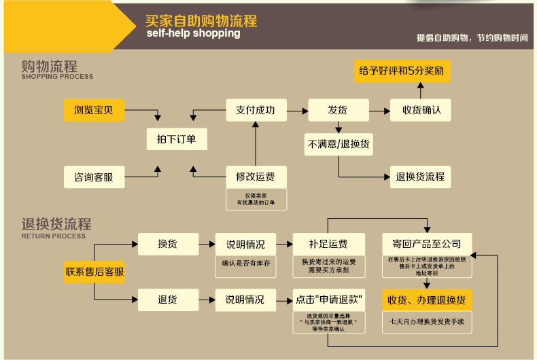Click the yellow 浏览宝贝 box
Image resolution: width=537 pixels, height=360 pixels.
pyautogui.click(x=94, y=110)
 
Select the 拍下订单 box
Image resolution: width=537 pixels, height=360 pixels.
pyautogui.click(x=177, y=139)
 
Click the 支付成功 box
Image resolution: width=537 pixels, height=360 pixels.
pyautogui.click(x=256, y=110)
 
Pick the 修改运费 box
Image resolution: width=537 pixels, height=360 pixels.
pyautogui.click(x=256, y=177)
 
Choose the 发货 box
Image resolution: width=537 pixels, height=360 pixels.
pyautogui.click(x=338, y=110)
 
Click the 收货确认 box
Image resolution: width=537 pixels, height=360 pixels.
pyautogui.click(x=421, y=110)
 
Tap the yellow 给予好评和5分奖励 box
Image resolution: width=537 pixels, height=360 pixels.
pyautogui.click(x=402, y=71)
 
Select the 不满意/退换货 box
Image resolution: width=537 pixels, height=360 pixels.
pyautogui.click(x=339, y=144)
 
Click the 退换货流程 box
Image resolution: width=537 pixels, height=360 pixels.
pyautogui.click(x=421, y=177)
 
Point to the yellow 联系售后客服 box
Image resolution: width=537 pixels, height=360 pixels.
pyautogui.click(x=94, y=272)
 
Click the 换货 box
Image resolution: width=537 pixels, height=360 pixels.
pyautogui.click(x=168, y=244)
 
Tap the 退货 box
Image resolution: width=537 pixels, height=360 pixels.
pyautogui.click(x=168, y=299)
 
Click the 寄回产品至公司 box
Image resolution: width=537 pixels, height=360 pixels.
pyautogui.click(x=427, y=244)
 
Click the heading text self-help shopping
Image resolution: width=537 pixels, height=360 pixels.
pyautogui.click(x=193, y=33)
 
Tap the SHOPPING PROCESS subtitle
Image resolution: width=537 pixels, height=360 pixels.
pyautogui.click(x=57, y=77)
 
